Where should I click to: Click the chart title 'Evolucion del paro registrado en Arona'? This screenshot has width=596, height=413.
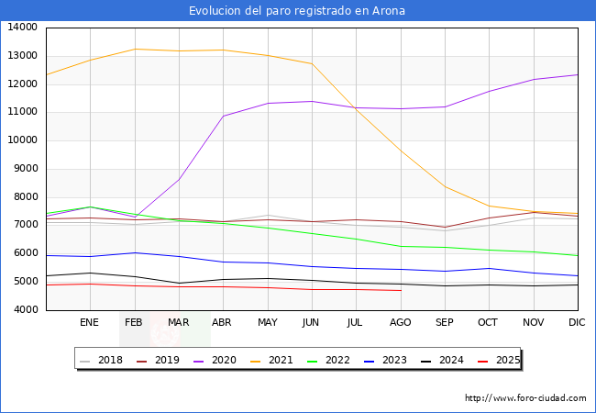(297, 11)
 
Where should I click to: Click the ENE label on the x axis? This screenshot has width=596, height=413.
(89, 323)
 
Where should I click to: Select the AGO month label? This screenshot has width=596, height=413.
(400, 323)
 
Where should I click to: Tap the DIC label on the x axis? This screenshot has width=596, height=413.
(577, 323)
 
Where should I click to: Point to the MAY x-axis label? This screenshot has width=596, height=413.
(267, 323)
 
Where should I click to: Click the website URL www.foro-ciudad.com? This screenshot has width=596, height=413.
(525, 398)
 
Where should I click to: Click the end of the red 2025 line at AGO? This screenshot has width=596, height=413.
(400, 291)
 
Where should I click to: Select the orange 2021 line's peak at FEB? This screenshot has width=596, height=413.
(134, 49)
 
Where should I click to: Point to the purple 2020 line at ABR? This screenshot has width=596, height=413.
(223, 116)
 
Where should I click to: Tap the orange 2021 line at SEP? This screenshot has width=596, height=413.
(445, 187)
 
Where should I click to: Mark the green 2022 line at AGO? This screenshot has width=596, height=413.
(400, 246)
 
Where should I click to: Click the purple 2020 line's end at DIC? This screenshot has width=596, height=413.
(578, 74)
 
